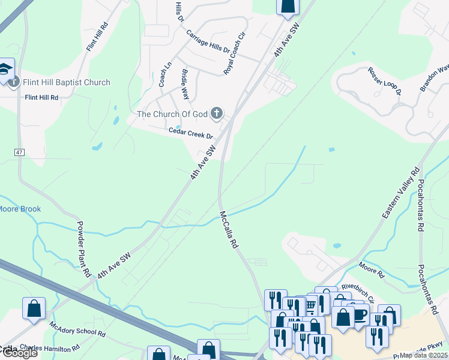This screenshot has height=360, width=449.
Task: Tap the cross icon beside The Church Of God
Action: click(217, 113)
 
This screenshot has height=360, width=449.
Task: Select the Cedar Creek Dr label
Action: click(191, 133)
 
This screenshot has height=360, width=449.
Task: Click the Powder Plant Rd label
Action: click(83, 249)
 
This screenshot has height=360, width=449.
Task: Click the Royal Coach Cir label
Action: click(235, 53)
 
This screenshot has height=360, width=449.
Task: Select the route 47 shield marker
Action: click(20, 153)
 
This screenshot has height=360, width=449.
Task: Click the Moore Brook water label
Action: click(20, 209)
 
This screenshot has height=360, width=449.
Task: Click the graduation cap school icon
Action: click(5, 68)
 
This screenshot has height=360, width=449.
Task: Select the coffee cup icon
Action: click(360, 314)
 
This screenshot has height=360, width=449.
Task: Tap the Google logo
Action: click(19, 353)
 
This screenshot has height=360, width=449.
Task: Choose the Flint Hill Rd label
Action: click(41, 97)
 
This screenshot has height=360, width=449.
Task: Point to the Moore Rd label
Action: click(371, 269)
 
